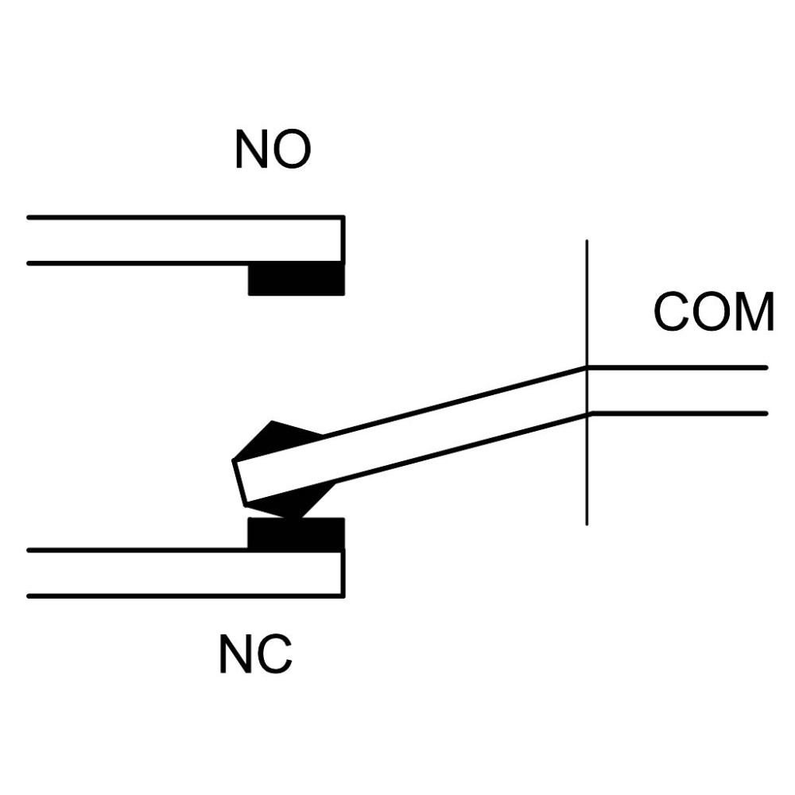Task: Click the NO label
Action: pyautogui.click(x=273, y=149)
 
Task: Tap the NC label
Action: pyautogui.click(x=256, y=654)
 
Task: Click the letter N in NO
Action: pyautogui.click(x=251, y=149)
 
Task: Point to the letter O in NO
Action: pyautogui.click(x=291, y=149)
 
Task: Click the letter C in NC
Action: pyautogui.click(x=275, y=654)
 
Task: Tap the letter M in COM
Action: pyautogui.click(x=754, y=312)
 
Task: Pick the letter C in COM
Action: pyautogui.click(x=672, y=312)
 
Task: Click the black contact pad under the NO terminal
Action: pyautogui.click(x=297, y=278)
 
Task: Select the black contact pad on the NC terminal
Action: pyautogui.click(x=297, y=533)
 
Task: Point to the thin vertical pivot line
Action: pyautogui.click(x=588, y=382)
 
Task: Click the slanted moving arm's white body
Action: pyautogui.click(x=412, y=435)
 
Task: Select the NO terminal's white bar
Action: pyautogui.click(x=186, y=241)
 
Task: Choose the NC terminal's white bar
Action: pyautogui.click(x=186, y=573)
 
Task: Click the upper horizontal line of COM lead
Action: pyautogui.click(x=677, y=367)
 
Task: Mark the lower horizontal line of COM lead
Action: pyautogui.click(x=678, y=413)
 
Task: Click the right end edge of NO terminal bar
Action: pyautogui.click(x=343, y=240)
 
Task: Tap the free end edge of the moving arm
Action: pyautogui.click(x=240, y=483)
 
